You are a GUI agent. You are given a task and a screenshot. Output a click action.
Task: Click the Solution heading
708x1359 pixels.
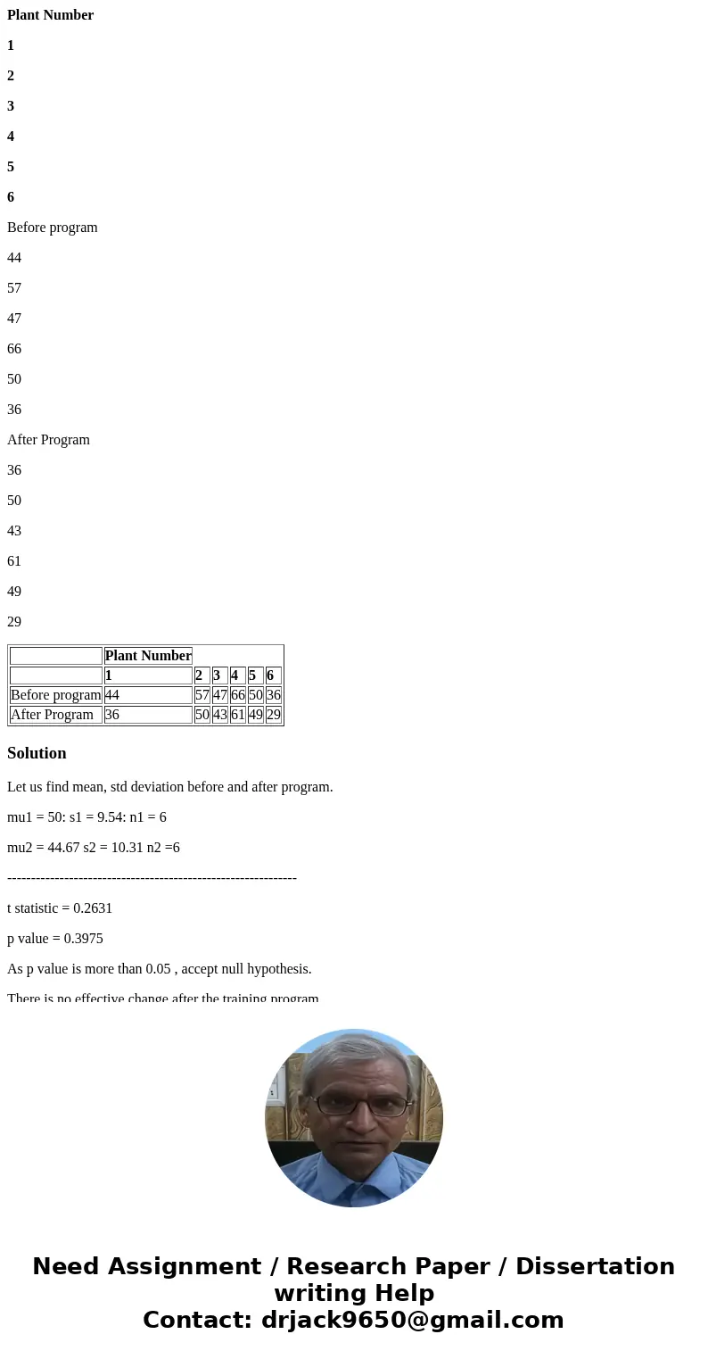click(37, 753)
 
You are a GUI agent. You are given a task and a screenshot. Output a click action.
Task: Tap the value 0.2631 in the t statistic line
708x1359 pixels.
click(93, 908)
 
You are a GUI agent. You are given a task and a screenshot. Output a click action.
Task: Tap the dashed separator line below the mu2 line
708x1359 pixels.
click(152, 878)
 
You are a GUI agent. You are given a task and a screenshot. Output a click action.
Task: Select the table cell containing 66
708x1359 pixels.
click(238, 695)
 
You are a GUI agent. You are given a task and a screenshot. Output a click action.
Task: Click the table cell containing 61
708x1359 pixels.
click(238, 715)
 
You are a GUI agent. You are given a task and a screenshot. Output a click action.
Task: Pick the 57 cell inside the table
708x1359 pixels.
click(202, 695)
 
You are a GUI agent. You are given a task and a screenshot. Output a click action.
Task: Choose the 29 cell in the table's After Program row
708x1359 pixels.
click(274, 715)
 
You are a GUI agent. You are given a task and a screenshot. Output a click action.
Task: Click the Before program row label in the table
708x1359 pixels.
click(56, 695)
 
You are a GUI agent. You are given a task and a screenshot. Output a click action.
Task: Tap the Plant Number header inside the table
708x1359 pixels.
click(148, 656)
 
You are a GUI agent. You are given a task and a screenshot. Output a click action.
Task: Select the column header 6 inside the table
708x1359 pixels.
click(270, 675)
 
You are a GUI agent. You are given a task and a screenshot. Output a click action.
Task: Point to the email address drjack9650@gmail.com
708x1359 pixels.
click(412, 1320)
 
